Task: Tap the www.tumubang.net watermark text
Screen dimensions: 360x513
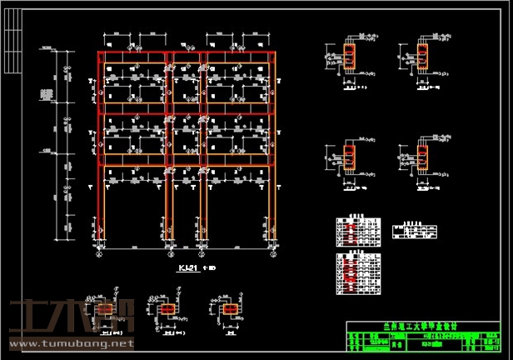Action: tap(70, 342)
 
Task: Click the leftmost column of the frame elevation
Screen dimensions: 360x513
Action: tap(102, 150)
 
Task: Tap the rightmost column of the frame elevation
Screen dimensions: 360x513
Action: tap(271, 150)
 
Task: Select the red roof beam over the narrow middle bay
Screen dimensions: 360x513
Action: tap(186, 56)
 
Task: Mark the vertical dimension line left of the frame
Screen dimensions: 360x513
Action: tap(63, 142)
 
